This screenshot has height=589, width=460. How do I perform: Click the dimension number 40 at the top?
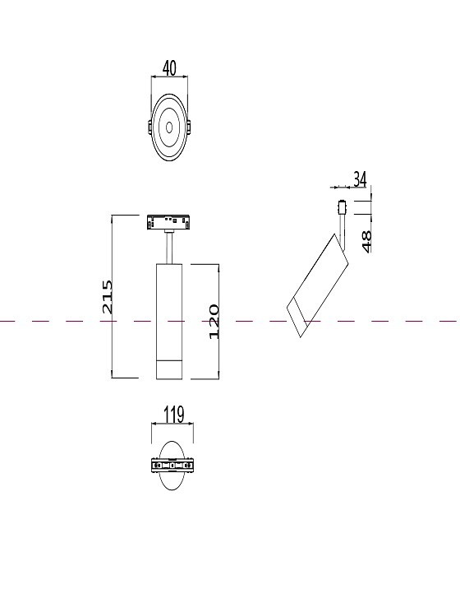point(170,68)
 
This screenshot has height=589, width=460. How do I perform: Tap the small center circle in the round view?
point(169,128)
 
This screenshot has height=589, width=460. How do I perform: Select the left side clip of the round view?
point(149,128)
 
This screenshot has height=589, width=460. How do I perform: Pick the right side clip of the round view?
point(190,128)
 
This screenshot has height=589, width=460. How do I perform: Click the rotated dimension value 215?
point(107,296)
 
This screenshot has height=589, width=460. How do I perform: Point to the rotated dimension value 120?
point(214,321)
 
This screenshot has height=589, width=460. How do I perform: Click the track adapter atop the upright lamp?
point(168,222)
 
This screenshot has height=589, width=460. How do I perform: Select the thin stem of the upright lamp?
point(168,247)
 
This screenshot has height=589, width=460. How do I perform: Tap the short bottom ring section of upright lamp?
point(168,369)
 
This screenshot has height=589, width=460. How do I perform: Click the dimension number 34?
point(360,179)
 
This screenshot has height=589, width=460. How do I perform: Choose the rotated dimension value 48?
point(366,240)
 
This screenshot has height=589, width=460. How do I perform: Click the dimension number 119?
point(173,415)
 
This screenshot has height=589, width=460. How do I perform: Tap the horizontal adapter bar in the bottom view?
point(172,466)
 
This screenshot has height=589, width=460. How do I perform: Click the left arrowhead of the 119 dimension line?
point(154,424)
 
